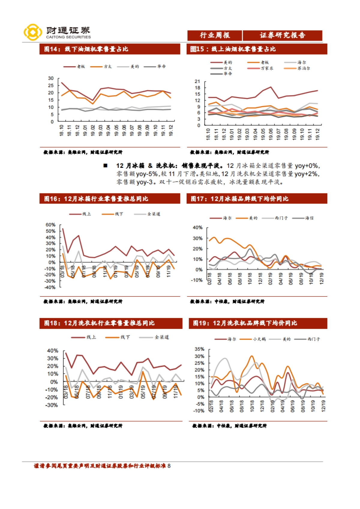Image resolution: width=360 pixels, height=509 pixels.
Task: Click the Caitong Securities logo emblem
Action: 33,32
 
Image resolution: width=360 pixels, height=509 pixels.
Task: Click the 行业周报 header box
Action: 214,35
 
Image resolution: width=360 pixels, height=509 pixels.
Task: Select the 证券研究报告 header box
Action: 282,35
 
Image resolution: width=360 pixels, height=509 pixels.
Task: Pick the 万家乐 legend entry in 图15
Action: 267,68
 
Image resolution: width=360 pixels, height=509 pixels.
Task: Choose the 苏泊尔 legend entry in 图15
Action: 304,68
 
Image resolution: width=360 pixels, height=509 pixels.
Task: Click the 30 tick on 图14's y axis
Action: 51,78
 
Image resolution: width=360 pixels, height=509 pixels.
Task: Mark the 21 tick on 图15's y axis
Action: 197,81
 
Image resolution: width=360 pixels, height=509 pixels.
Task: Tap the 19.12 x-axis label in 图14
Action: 171,130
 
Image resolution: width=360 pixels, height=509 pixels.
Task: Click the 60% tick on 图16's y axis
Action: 50,225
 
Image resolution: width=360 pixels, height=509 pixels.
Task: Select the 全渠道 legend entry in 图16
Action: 154,214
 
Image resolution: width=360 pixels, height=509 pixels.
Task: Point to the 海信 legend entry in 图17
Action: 309,218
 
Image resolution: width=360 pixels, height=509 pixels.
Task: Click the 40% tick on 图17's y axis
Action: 197,228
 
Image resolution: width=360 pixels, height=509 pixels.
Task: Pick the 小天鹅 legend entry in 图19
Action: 259,339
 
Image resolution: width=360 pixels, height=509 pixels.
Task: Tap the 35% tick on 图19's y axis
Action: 199,349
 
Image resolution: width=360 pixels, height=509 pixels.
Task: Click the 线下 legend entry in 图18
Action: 125,337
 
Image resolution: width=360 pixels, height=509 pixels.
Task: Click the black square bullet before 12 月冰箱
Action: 105,165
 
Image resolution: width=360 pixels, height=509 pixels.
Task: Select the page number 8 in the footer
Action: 169,466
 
